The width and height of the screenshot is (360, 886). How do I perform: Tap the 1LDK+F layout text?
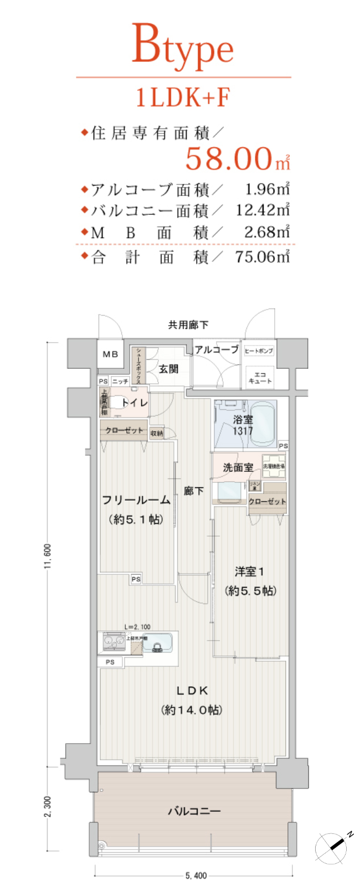coord(183,98)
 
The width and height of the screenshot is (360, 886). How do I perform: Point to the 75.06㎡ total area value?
coord(262,256)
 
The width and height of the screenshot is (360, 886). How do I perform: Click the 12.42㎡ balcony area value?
coord(262,210)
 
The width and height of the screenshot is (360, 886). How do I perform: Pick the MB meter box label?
coord(110,354)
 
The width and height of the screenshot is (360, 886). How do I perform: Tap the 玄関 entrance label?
coord(168,369)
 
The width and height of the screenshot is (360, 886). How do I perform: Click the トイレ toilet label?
coord(135,403)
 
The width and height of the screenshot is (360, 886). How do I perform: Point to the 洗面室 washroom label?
coord(238,468)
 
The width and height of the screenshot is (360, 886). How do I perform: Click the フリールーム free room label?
coord(136,500)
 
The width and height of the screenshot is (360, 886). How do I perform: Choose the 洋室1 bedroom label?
coord(249,571)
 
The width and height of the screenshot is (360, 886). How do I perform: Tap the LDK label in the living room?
coord(192,691)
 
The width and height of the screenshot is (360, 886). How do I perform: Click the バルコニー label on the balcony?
coord(194,811)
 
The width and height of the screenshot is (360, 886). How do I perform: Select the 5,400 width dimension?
coord(196,875)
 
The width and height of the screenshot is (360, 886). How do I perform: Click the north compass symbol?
coord(335,847)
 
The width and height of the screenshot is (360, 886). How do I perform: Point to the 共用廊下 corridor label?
coord(188,325)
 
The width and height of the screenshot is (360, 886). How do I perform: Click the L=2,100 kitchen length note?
coord(137,627)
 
